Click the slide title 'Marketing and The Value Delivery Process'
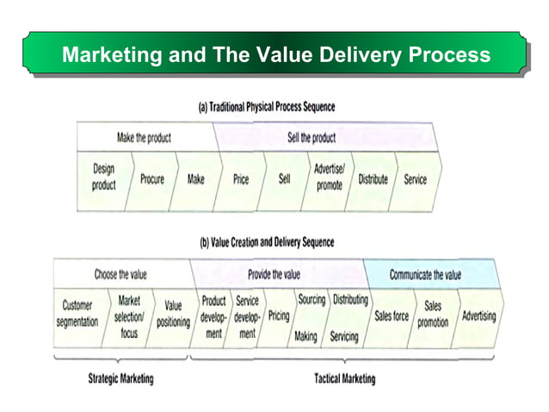pyautogui.click(x=275, y=56)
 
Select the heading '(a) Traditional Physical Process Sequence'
pyautogui.click(x=267, y=108)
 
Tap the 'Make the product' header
pyautogui.click(x=144, y=138)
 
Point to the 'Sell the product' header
pyautogui.click(x=312, y=138)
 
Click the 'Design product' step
pyautogui.click(x=103, y=178)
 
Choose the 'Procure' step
pyautogui.click(x=152, y=179)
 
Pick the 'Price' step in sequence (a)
pyautogui.click(x=241, y=179)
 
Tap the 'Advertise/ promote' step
pyautogui.click(x=329, y=178)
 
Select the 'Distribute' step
pyautogui.click(x=373, y=179)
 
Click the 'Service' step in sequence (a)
pyautogui.click(x=415, y=179)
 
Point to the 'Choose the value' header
pyautogui.click(x=120, y=274)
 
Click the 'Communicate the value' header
pyautogui.click(x=425, y=275)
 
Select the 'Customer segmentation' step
pyautogui.click(x=77, y=315)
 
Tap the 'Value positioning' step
pyautogui.click(x=173, y=315)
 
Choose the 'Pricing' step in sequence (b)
pyautogui.click(x=279, y=316)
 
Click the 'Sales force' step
pyautogui.click(x=392, y=316)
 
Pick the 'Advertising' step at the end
pyautogui.click(x=478, y=316)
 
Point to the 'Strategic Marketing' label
pyautogui.click(x=121, y=378)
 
